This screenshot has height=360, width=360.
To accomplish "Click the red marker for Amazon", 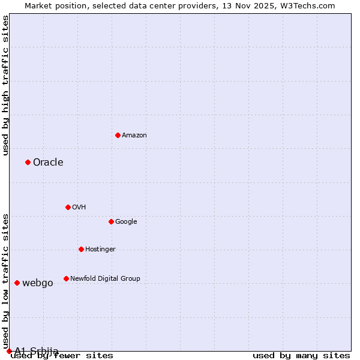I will [118, 135].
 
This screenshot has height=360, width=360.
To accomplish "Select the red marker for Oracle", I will [28, 162].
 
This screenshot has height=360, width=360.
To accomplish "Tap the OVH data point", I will [68, 207].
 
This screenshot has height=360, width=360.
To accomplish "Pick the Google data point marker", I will [111, 221].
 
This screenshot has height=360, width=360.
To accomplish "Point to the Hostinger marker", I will [81, 249].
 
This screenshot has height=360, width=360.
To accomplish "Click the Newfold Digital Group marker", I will [66, 278].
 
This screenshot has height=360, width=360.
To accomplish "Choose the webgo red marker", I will [17, 283].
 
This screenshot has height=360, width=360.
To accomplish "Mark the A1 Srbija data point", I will [9, 351].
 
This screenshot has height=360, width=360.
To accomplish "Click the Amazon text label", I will [134, 136].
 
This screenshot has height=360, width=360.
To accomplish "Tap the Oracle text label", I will [48, 163].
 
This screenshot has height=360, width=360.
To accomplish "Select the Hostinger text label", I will [100, 250].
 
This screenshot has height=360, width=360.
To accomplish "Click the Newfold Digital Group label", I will [105, 279].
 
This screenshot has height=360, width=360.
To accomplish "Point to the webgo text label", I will [37, 283].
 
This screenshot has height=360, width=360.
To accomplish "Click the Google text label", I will [126, 222].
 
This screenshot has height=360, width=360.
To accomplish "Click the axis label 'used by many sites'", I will [301, 356].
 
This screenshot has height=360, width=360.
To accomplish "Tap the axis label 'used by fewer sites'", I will [62, 356].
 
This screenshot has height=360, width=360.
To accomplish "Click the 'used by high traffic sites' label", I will [6, 85].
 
